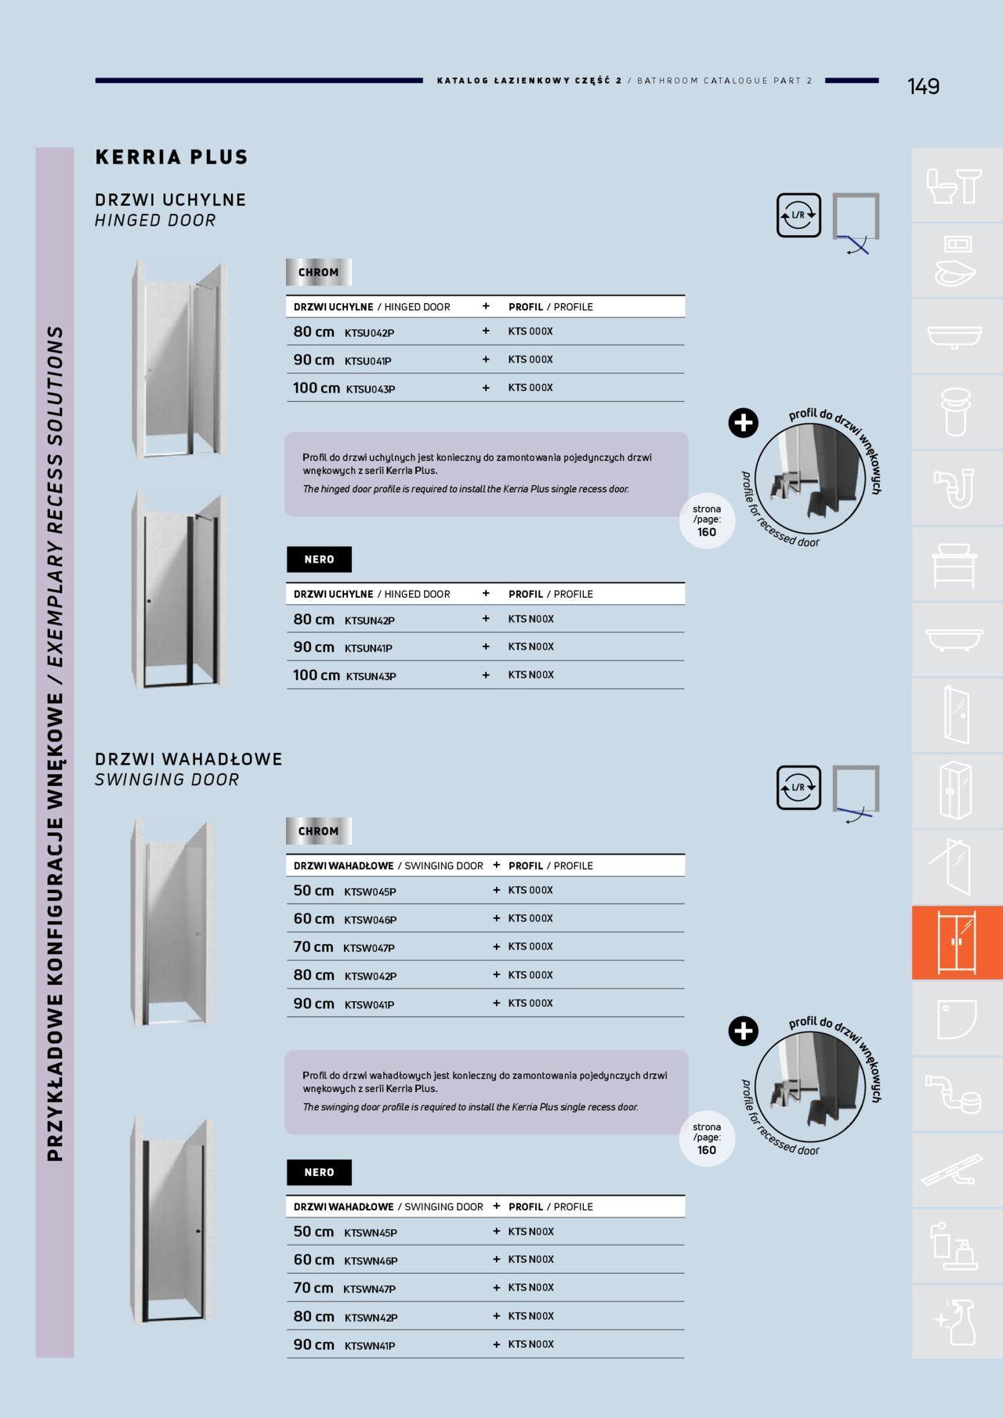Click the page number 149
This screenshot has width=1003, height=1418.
pos(923,86)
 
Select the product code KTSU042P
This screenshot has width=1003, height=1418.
pos(369,333)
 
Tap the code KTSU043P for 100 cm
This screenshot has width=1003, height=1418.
pos(371,389)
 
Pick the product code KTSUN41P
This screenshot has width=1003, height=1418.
pos(368,649)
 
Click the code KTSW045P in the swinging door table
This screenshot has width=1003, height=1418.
pos(370,892)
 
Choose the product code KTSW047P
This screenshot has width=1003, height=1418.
pos(369,949)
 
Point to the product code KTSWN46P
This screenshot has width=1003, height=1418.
pos(371,1261)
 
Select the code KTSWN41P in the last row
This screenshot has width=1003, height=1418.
pos(370,1347)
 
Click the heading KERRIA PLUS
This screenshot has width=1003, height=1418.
pos(172,157)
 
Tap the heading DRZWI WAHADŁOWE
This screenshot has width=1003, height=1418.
pos(189,759)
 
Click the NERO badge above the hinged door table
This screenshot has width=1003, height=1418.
pos(319,559)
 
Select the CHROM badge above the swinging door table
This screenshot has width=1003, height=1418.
pos(319,831)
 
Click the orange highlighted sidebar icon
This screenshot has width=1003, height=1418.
pos(957,943)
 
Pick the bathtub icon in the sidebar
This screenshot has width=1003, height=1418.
pos(954,638)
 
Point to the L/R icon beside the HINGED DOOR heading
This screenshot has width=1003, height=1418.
pos(798,215)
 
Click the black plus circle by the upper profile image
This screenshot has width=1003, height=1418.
pos(743,423)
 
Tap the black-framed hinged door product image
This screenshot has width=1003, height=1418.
pos(179,591)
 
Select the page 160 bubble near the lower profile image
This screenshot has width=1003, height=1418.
pos(707,1139)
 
